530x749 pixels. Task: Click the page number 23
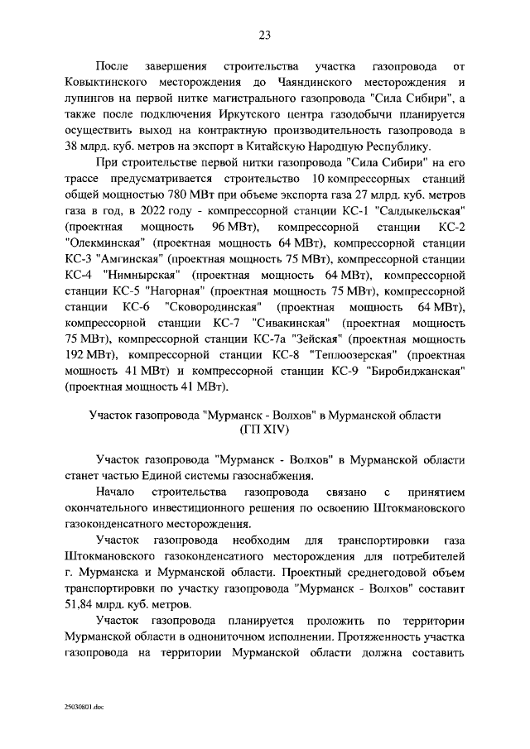tap(264, 34)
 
